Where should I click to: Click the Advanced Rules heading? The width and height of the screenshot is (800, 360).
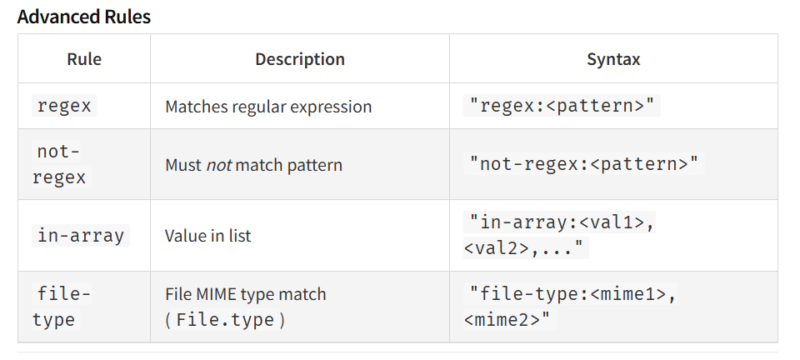[83, 17]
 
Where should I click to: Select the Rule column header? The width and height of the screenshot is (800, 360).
[84, 59]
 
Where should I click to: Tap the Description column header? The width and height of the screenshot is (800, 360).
[300, 59]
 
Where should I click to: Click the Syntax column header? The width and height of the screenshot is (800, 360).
[613, 59]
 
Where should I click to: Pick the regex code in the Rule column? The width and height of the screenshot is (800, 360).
[64, 106]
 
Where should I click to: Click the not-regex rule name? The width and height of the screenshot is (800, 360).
[59, 164]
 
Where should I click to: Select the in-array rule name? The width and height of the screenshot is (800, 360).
[81, 236]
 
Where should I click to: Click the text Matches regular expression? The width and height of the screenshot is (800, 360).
[268, 107]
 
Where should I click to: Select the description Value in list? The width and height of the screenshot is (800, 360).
[208, 236]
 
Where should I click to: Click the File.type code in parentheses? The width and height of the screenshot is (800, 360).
[225, 320]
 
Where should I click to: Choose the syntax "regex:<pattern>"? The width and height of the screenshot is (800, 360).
[562, 106]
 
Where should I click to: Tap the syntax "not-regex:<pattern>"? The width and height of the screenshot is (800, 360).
[583, 164]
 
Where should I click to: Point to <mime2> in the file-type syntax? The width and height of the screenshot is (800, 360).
[500, 320]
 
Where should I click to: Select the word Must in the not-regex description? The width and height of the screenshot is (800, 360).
[183, 165]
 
